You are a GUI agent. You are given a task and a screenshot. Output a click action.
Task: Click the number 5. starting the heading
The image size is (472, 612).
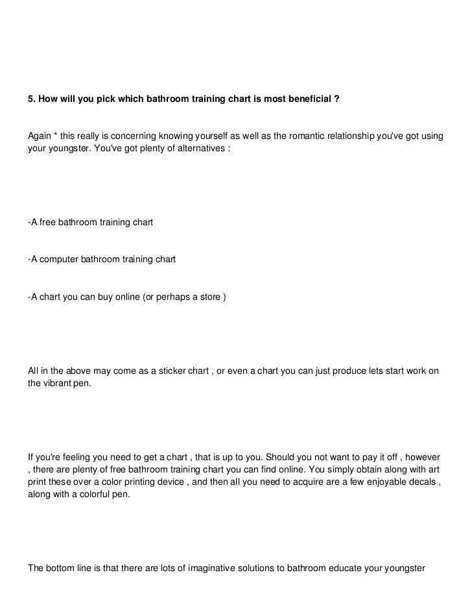[x=31, y=101]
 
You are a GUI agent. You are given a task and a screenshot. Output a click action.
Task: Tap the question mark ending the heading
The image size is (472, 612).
[x=336, y=101]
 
